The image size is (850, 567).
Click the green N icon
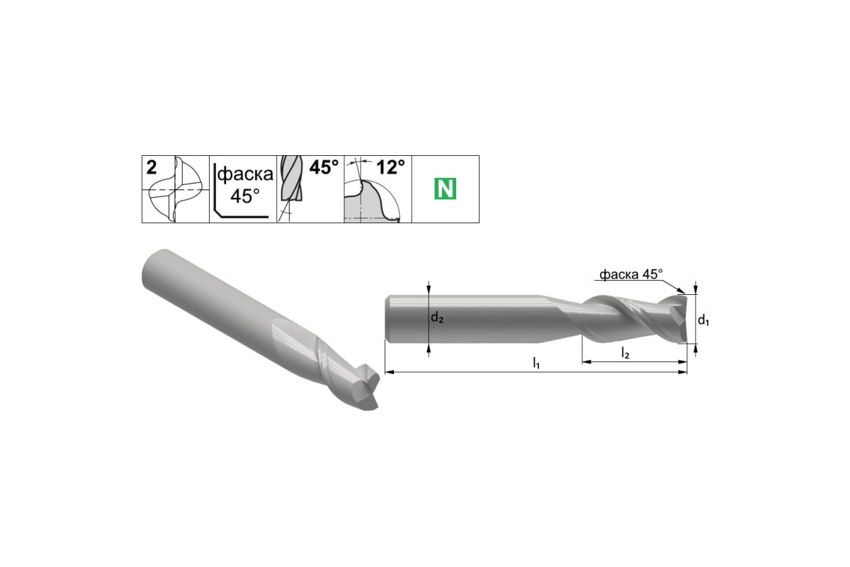tap(445, 189)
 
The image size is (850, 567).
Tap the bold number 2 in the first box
tap(152, 167)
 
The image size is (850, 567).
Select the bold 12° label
tap(390, 167)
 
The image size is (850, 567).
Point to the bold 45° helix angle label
tap(324, 167)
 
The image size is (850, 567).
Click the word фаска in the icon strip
tap(245, 174)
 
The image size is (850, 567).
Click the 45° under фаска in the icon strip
tap(245, 196)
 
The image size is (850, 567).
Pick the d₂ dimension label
tap(437, 317)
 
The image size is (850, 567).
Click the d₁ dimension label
tap(703, 320)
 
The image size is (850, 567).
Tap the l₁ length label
tap(536, 363)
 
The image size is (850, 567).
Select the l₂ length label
tap(625, 353)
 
